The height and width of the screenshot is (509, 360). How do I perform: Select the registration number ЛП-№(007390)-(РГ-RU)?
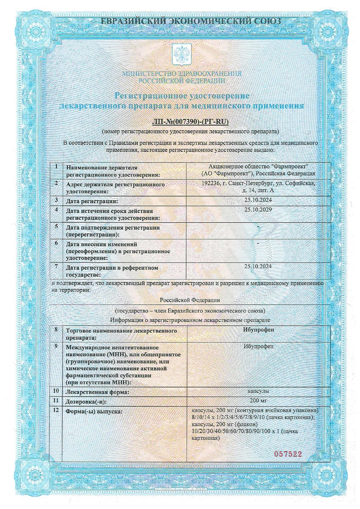point(190,122)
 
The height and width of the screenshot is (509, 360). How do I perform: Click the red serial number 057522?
point(287,454)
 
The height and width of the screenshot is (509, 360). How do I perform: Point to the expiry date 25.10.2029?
point(258,209)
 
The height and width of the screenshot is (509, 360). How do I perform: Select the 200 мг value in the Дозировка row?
point(258,401)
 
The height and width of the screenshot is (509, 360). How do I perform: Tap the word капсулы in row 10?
point(258,391)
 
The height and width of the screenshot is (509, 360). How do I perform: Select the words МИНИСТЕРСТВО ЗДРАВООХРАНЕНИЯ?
point(182,73)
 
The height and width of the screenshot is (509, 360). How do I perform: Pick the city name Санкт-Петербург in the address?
point(250,183)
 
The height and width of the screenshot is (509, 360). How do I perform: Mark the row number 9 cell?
point(56,346)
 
